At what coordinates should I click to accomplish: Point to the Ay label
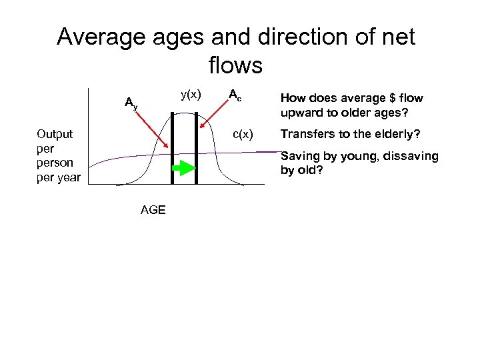(131, 103)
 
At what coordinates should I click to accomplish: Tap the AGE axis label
(153, 211)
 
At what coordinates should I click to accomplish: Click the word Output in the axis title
(55, 133)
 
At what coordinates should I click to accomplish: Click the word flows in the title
(235, 65)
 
